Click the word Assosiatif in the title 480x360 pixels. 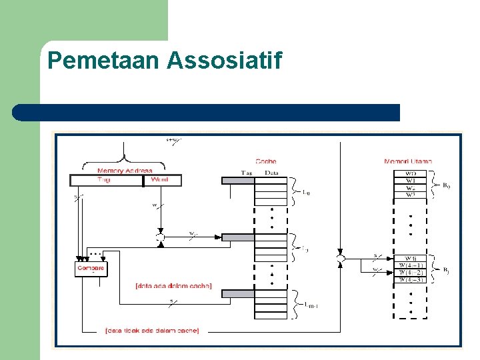(225, 61)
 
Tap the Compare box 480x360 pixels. (91, 269)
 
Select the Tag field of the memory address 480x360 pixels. (105, 180)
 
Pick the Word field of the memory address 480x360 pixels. (160, 180)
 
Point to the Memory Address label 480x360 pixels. (125, 171)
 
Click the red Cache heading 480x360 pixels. (266, 161)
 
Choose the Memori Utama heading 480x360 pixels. (408, 161)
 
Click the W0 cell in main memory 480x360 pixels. (410, 174)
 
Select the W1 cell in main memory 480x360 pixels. (410, 181)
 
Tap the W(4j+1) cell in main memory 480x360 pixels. (410, 265)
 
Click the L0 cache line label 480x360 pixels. (306, 193)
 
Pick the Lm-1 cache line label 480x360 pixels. (308, 305)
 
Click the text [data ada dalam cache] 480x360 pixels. (173, 286)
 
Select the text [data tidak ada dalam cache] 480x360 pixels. (151, 330)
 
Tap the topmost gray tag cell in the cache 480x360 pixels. (237, 180)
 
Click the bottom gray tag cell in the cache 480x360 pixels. (237, 293)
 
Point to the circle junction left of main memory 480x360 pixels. (340, 257)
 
